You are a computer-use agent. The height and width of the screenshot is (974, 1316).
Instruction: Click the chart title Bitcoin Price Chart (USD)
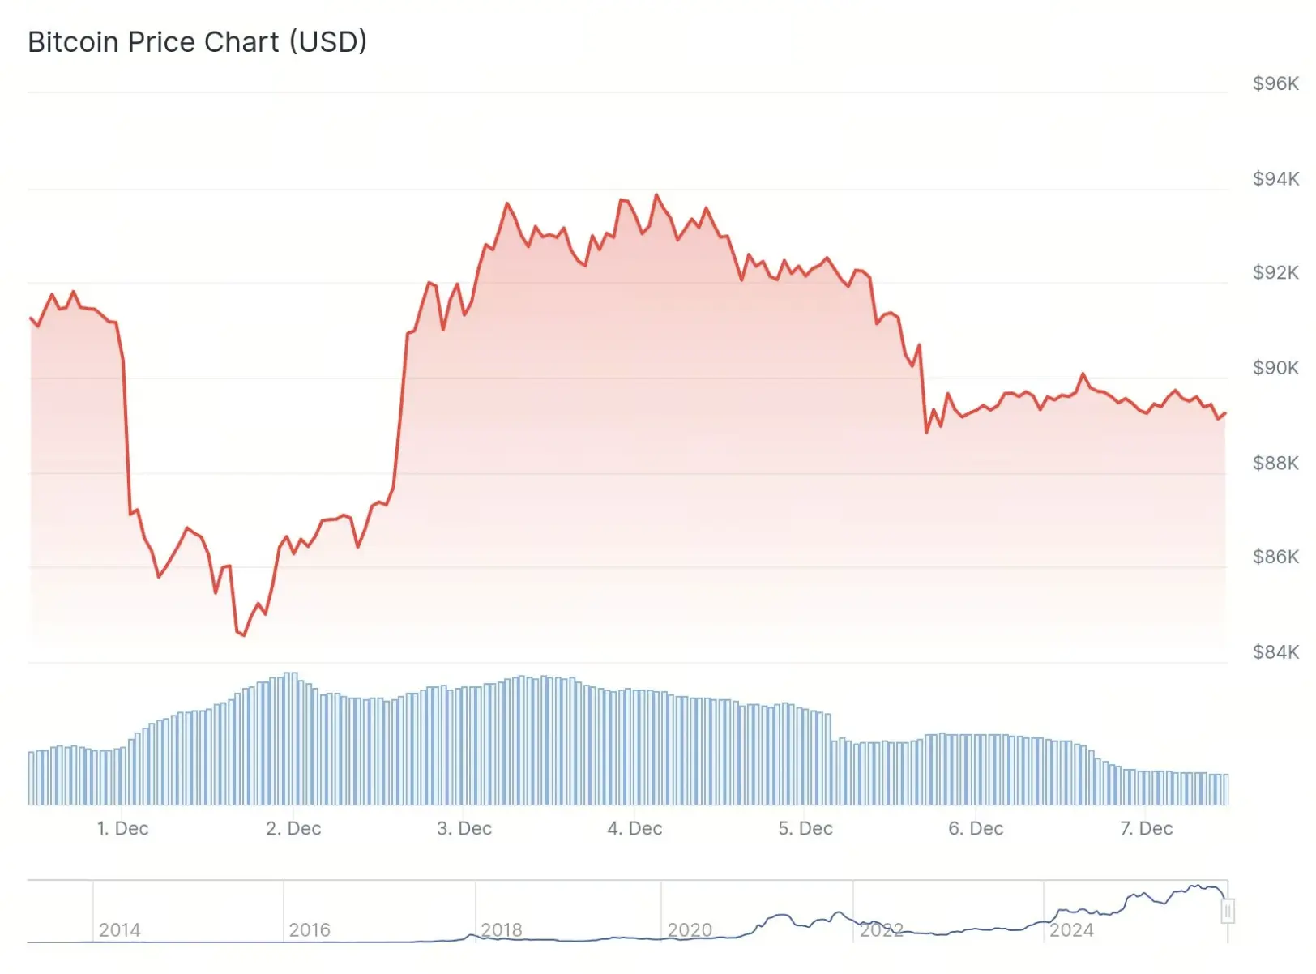(x=197, y=42)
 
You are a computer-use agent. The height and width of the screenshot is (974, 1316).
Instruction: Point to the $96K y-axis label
(x=1275, y=83)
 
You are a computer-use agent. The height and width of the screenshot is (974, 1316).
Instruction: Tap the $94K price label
(x=1275, y=178)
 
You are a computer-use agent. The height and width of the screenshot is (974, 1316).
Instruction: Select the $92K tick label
(x=1275, y=272)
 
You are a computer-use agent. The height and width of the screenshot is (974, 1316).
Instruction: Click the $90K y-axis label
(x=1275, y=368)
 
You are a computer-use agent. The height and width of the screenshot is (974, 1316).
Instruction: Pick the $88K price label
(x=1275, y=463)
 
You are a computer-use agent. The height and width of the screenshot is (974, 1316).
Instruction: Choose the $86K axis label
(x=1275, y=557)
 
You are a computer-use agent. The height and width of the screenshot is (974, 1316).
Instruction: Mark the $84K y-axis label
(x=1275, y=651)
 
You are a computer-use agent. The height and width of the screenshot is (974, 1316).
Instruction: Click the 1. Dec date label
(x=122, y=828)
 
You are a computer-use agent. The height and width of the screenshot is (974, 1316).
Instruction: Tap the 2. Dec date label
(x=293, y=828)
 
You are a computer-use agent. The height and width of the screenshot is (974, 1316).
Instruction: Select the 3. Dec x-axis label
(x=464, y=828)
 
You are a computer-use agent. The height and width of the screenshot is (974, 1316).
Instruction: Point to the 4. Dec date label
(x=634, y=828)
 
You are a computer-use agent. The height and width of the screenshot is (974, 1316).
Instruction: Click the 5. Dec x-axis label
(x=805, y=828)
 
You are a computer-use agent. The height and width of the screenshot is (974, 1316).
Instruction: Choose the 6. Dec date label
(x=976, y=828)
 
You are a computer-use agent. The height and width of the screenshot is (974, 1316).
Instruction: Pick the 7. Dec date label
(x=1146, y=828)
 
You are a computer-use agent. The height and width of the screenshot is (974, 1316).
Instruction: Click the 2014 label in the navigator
(x=119, y=930)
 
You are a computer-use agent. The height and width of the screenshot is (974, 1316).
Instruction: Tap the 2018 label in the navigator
(x=502, y=930)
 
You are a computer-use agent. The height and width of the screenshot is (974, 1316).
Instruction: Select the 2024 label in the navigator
(x=1071, y=930)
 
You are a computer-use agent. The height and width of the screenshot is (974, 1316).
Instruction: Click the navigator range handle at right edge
(x=1228, y=912)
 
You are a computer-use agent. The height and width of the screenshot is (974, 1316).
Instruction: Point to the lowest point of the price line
(x=243, y=635)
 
